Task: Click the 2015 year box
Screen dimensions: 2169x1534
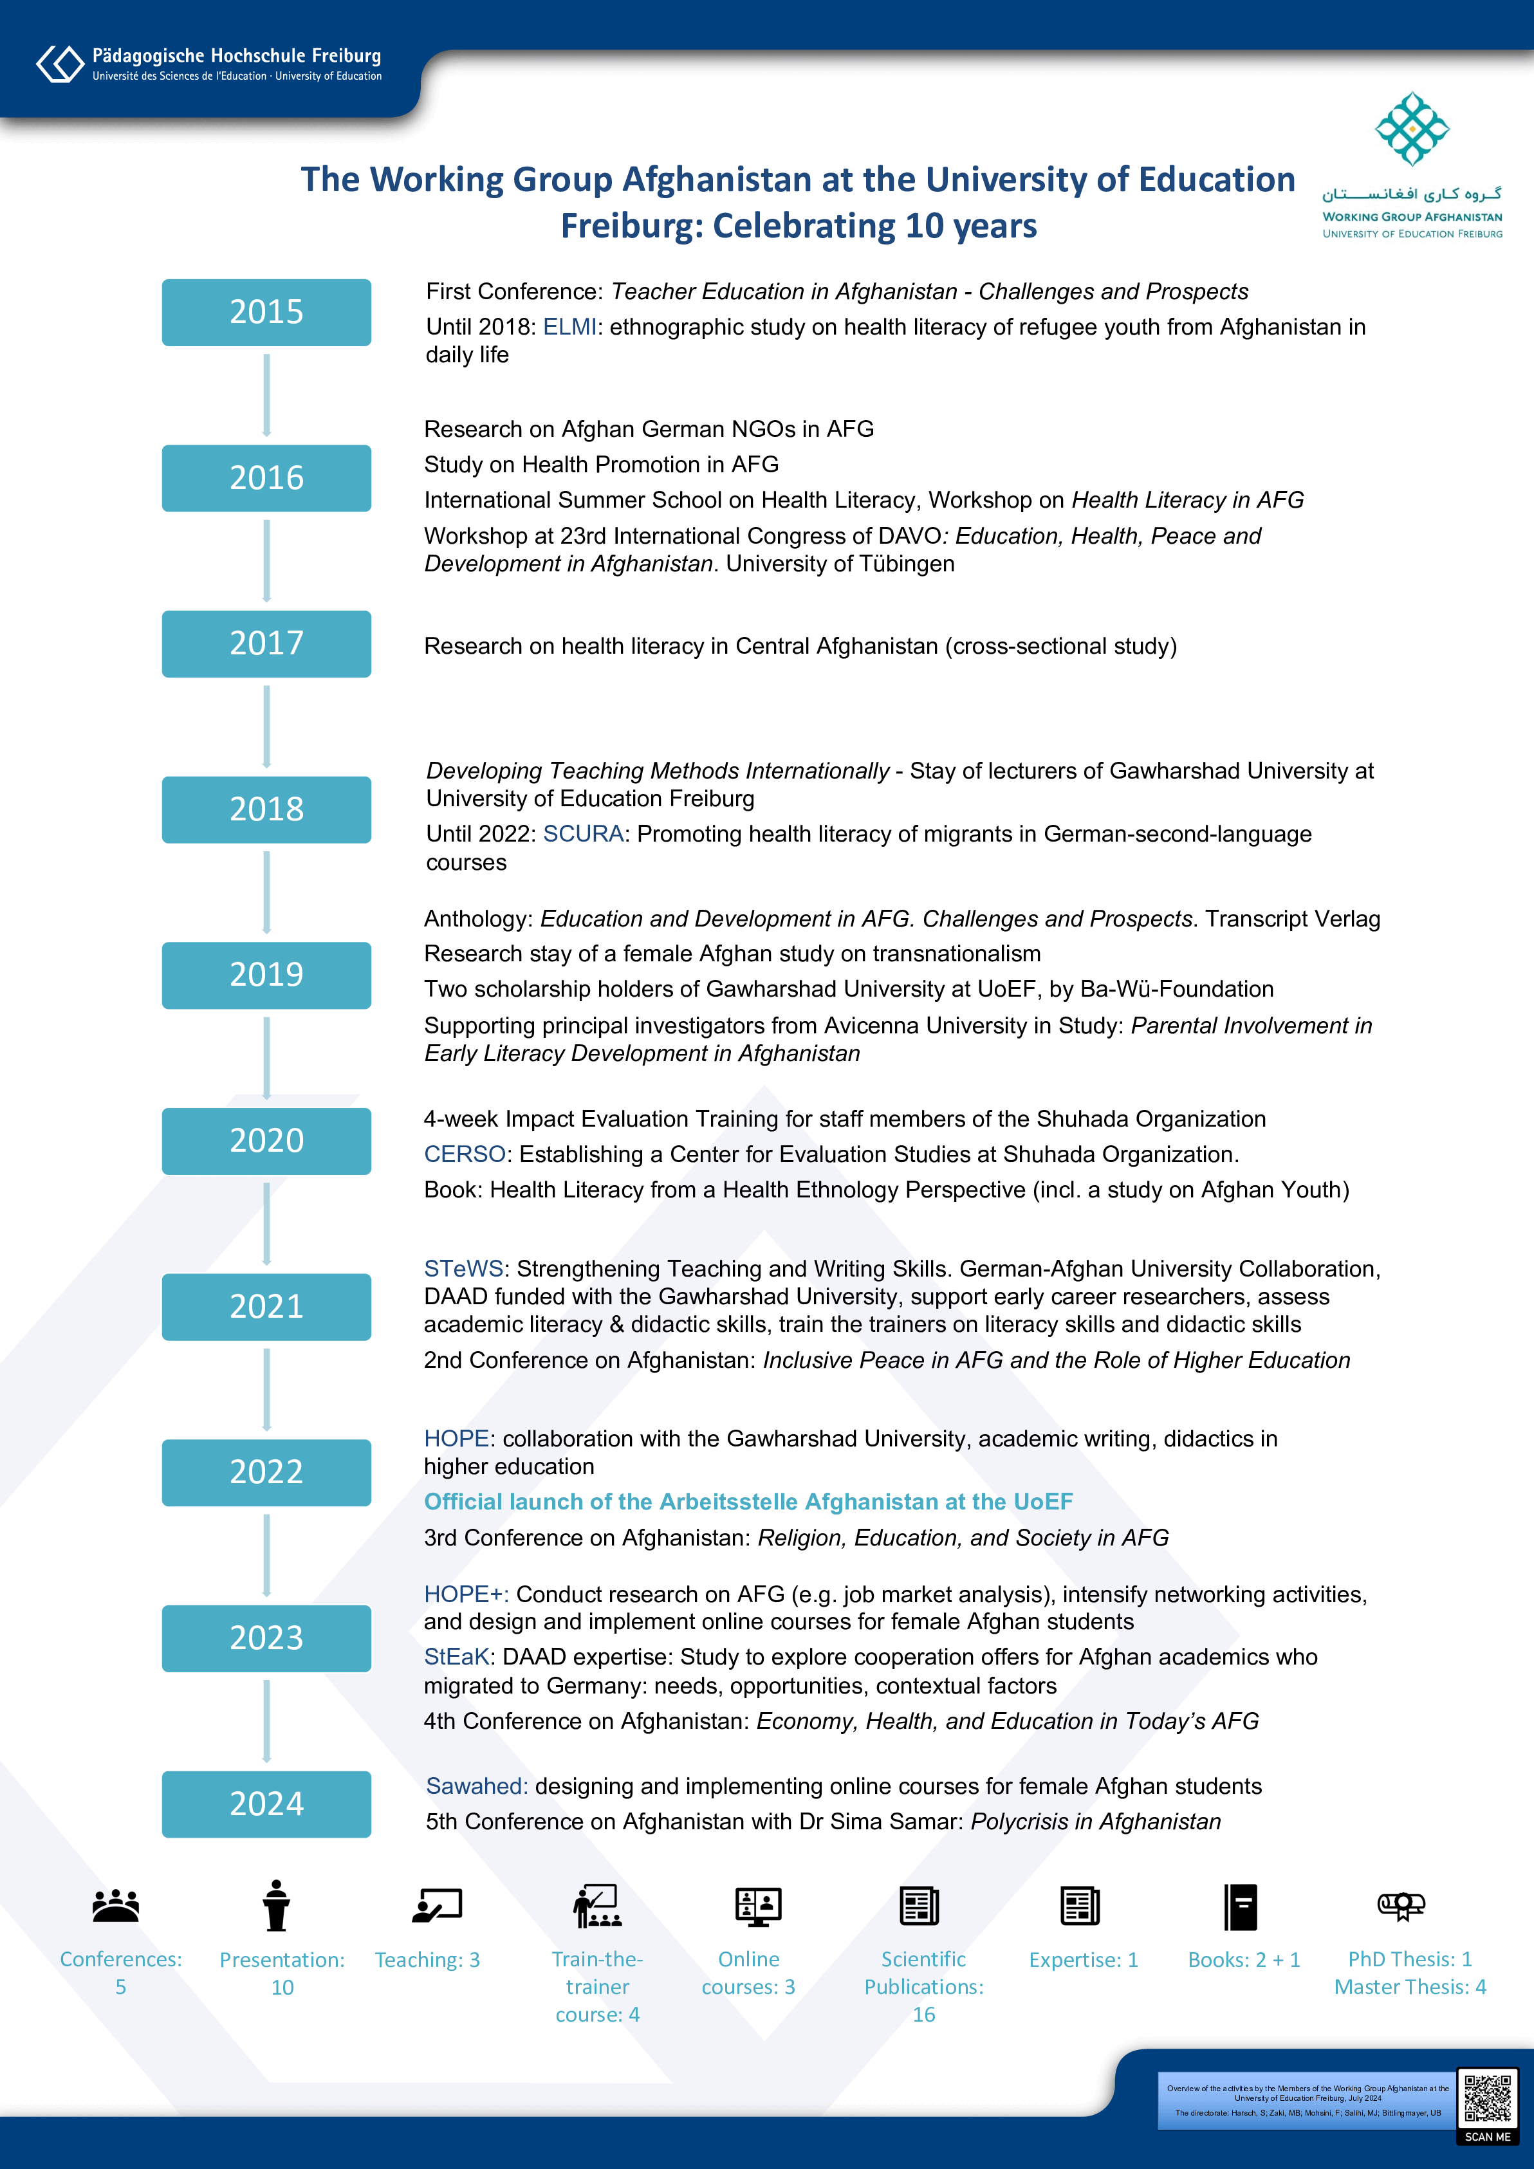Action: coord(266,312)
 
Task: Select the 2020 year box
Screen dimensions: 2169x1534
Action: coord(266,1140)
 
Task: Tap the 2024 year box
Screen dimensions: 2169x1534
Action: coord(266,1804)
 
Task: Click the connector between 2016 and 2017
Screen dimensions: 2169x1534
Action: coord(266,560)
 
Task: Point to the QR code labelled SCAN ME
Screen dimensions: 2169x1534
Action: coord(1488,2098)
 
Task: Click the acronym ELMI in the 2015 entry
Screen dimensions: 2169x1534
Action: coord(569,327)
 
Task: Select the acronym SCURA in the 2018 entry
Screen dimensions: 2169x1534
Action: coord(583,834)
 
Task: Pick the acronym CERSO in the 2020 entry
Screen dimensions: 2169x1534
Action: coord(465,1154)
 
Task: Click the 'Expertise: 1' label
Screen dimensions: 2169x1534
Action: coord(1084,1961)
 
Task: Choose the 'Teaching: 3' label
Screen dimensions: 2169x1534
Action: coord(427,1961)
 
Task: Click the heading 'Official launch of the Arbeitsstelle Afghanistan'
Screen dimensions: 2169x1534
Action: coord(748,1502)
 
